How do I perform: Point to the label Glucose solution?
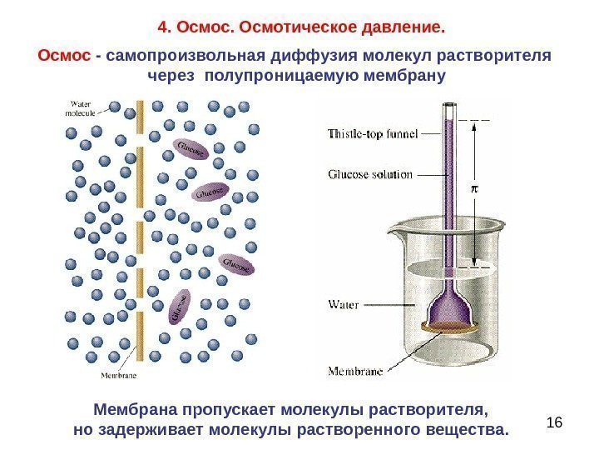(370, 175)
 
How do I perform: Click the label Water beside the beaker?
(344, 304)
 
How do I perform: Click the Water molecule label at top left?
(82, 107)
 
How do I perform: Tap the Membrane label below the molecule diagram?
(119, 375)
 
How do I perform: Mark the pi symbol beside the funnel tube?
(476, 189)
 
